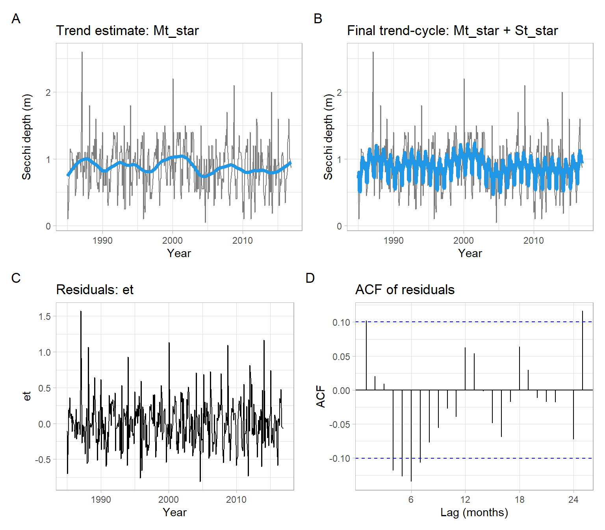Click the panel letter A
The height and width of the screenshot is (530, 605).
pyautogui.click(x=16, y=19)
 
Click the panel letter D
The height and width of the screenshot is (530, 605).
pyautogui.click(x=310, y=278)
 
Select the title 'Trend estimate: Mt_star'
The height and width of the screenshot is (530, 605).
pyautogui.click(x=127, y=31)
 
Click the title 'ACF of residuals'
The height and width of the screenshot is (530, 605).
pyautogui.click(x=405, y=290)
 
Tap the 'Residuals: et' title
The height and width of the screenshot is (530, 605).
pyautogui.click(x=95, y=290)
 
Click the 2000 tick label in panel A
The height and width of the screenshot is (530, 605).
pyautogui.click(x=173, y=241)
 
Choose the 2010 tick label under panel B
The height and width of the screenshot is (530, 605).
pyautogui.click(x=533, y=241)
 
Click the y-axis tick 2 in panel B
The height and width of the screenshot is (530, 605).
pyautogui.click(x=339, y=93)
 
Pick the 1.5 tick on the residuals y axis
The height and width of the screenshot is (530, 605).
pyautogui.click(x=45, y=316)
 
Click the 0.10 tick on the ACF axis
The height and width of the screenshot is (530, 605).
pyautogui.click(x=341, y=323)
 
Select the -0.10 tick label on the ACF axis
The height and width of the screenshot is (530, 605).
pyautogui.click(x=340, y=459)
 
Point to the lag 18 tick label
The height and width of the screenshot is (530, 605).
pyautogui.click(x=519, y=500)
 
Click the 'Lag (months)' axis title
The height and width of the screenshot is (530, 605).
pyautogui.click(x=474, y=512)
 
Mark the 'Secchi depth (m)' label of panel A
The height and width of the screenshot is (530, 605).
pyautogui.click(x=26, y=137)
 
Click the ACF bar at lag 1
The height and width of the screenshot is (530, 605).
pyautogui.click(x=366, y=355)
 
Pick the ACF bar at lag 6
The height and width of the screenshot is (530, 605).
pyautogui.click(x=411, y=435)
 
